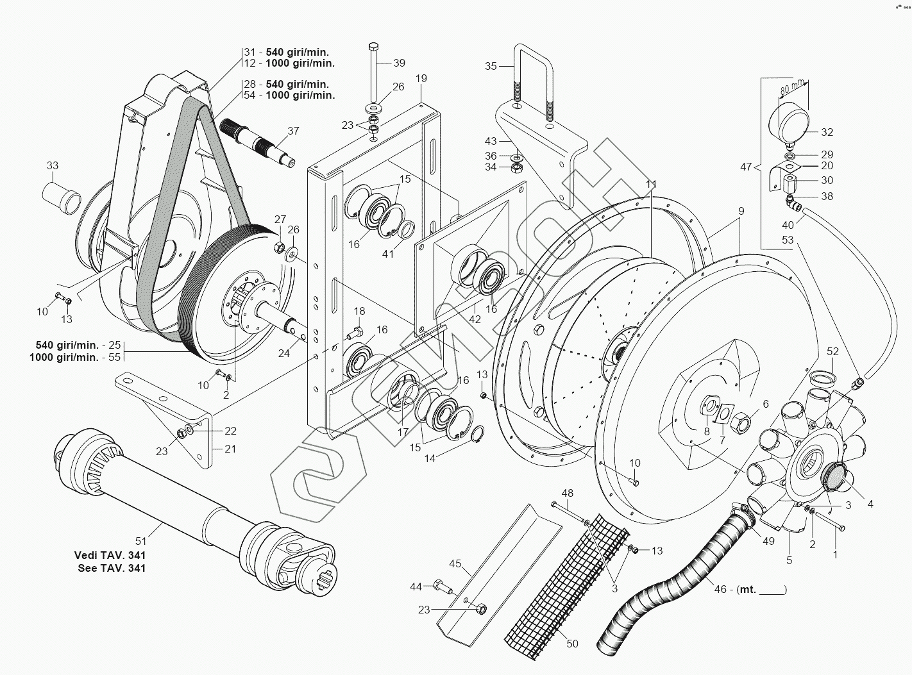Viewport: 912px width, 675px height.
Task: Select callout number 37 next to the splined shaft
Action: click(x=293, y=131)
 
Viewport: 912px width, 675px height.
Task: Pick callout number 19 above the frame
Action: click(x=421, y=78)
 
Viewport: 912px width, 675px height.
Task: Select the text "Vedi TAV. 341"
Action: click(x=110, y=555)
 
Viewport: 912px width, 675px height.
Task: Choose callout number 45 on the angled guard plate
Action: click(x=455, y=563)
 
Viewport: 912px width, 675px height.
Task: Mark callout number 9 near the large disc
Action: click(x=741, y=210)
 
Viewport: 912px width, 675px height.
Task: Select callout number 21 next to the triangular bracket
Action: click(x=230, y=449)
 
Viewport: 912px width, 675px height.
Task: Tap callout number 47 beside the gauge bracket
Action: click(x=746, y=167)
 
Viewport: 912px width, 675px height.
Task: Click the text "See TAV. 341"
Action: click(x=110, y=568)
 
